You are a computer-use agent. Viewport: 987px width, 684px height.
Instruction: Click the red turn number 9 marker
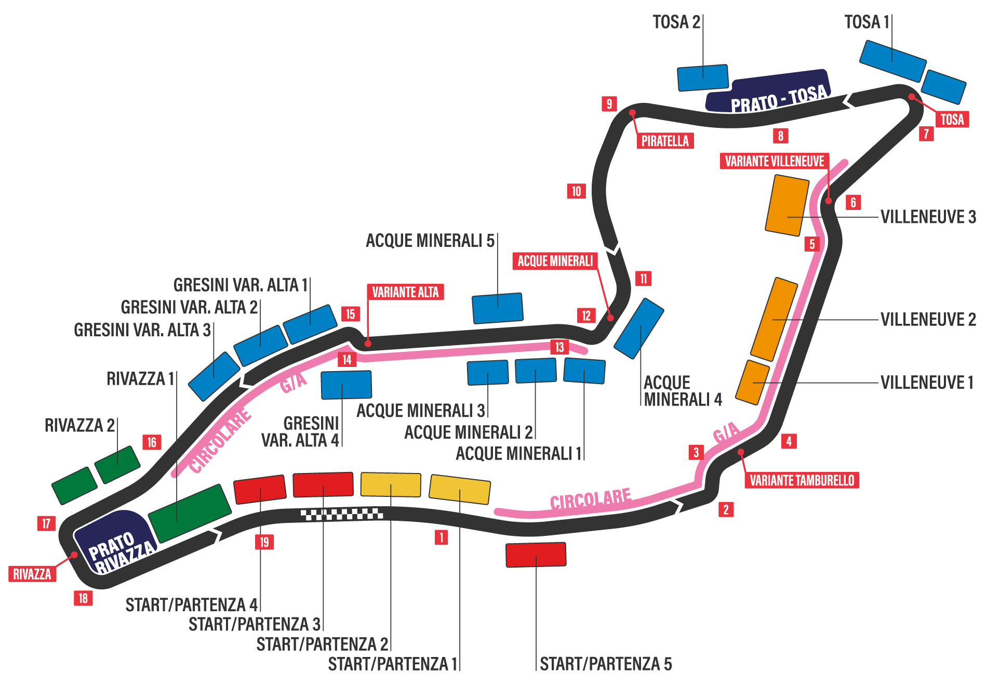click(609, 103)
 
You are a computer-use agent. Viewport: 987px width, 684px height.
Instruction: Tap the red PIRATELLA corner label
click(665, 141)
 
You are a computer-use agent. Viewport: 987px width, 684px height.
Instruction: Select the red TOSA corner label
click(952, 119)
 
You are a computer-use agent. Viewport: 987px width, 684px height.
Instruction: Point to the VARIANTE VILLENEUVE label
click(774, 161)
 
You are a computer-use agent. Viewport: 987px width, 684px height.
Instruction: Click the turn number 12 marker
click(586, 315)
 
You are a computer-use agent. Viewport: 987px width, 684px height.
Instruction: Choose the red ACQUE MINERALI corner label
click(555, 260)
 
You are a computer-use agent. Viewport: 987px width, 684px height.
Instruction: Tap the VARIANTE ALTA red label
click(405, 292)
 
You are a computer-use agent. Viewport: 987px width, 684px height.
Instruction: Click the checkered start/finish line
click(342, 514)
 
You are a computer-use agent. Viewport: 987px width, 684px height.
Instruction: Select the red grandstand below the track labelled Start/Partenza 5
click(536, 555)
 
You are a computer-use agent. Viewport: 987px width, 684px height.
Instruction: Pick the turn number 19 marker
click(264, 542)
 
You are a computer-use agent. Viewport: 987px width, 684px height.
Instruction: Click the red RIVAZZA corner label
click(32, 574)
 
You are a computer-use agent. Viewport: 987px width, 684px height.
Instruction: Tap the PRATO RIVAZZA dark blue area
click(115, 543)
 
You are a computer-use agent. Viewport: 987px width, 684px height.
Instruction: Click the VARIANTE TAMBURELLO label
click(802, 480)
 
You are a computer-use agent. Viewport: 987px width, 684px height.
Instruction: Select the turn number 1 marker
click(441, 537)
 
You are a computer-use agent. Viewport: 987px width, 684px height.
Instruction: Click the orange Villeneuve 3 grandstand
click(788, 205)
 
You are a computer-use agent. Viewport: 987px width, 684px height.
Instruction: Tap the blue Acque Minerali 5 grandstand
click(497, 308)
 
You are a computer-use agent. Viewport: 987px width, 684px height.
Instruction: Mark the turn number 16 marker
click(152, 442)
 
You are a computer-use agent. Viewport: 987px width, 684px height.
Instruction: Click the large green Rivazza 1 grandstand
click(190, 513)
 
